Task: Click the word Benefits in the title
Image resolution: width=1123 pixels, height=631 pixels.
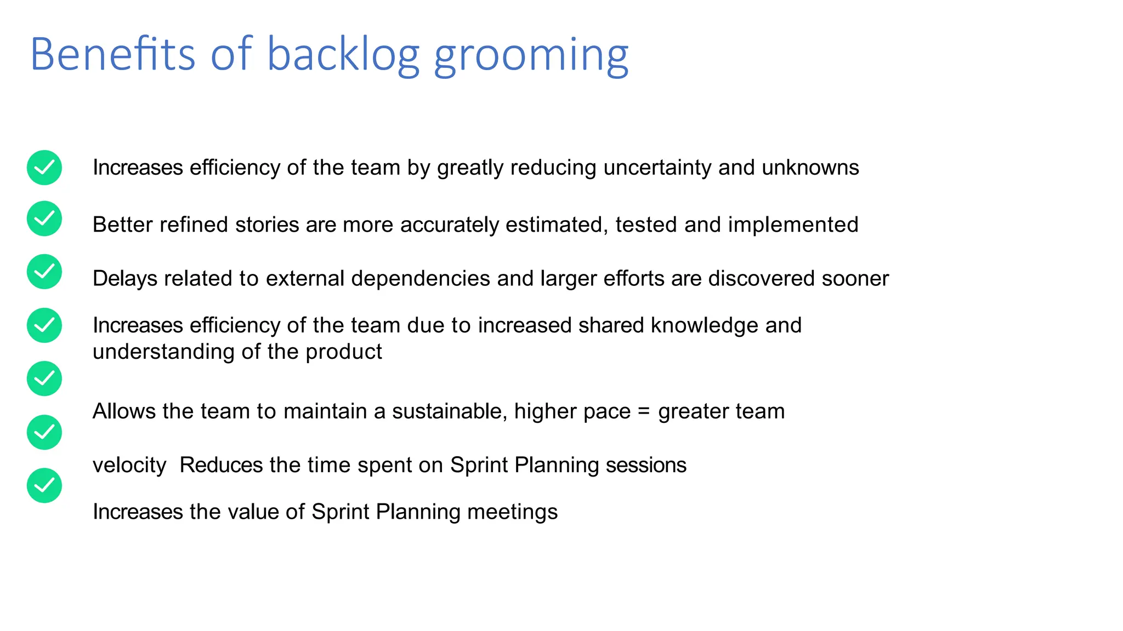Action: [112, 54]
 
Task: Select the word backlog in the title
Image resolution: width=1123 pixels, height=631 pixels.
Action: [343, 55]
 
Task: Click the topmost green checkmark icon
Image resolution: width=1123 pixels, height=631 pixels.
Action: [44, 168]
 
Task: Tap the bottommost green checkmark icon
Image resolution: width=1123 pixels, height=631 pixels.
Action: [44, 485]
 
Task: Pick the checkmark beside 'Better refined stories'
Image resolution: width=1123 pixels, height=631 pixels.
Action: [44, 219]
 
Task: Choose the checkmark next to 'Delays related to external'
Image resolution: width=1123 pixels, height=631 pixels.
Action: [44, 272]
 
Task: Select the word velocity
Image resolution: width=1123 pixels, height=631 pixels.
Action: [129, 465]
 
